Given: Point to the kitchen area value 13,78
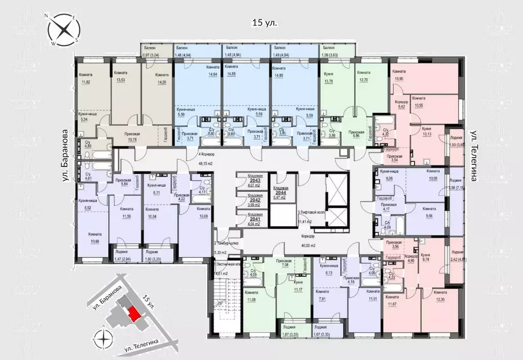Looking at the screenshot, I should click(x=328, y=82).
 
